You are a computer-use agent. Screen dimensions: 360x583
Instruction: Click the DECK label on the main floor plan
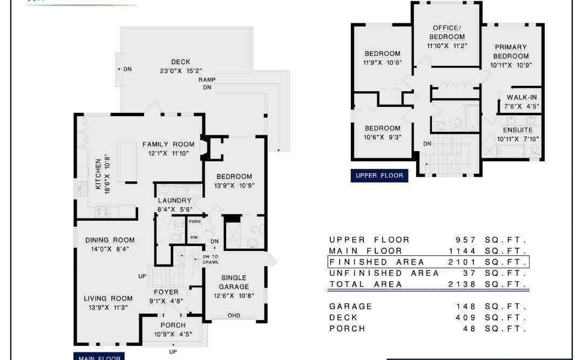[x=180, y=62]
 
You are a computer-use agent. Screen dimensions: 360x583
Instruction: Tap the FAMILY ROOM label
[x=168, y=145]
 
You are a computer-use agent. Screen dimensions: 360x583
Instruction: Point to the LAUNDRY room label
[x=174, y=201]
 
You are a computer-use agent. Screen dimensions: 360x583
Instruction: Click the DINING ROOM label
[x=110, y=240]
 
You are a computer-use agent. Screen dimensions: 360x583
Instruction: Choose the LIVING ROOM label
[x=108, y=298]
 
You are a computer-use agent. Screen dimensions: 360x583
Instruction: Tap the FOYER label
[x=166, y=293]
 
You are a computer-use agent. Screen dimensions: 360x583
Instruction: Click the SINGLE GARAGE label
[x=234, y=282]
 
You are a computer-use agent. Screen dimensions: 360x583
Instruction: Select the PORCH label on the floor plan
[x=173, y=325]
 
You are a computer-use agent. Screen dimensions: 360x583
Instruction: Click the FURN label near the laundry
[x=194, y=222]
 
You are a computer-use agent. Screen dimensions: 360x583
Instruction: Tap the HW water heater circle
[x=194, y=237]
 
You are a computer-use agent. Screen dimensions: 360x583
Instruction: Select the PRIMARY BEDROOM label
[x=510, y=52]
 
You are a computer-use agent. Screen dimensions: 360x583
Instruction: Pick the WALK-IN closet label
[x=521, y=98]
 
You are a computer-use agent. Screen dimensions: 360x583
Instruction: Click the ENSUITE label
[x=518, y=130]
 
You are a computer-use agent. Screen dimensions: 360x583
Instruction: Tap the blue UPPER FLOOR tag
[x=378, y=176]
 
